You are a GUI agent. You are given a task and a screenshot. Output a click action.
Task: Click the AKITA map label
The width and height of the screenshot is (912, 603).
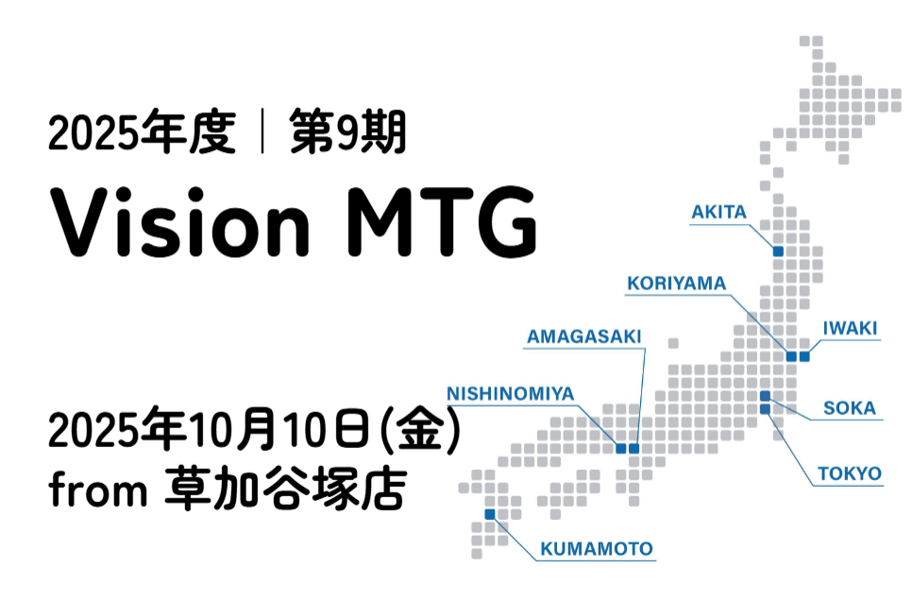[718, 212]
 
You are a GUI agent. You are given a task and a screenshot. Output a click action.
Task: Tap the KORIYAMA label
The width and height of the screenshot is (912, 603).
[676, 284]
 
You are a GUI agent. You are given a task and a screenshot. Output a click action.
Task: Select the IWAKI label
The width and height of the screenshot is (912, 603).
[850, 328]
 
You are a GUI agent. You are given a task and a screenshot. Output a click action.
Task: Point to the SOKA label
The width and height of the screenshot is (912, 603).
[849, 408]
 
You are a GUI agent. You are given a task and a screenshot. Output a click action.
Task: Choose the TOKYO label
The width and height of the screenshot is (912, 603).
[850, 474]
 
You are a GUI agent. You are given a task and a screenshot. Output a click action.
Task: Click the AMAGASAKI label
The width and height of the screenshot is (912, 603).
[584, 336]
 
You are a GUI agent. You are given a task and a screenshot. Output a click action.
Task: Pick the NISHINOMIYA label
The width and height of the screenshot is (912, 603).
[510, 394]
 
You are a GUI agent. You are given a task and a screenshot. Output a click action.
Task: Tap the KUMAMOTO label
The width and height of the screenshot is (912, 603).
[597, 549]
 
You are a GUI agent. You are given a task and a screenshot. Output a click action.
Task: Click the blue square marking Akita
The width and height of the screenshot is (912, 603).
[778, 251]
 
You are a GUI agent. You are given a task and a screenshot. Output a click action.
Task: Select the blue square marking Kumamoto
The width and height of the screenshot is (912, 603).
[490, 514]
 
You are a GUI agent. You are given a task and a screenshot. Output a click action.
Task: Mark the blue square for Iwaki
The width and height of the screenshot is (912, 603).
[804, 356]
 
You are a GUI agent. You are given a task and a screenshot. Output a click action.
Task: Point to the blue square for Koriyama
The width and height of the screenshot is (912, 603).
[791, 356]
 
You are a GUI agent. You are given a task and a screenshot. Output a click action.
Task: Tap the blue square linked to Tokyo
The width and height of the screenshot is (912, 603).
[765, 409]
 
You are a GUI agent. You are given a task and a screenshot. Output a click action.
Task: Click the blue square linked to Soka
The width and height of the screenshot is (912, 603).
[765, 396]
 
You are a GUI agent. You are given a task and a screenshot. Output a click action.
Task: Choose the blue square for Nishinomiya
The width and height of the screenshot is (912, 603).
[620, 448]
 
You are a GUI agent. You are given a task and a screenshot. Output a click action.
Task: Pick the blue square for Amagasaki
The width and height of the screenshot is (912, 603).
[634, 448]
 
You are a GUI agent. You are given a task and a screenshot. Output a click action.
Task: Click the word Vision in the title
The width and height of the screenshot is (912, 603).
[179, 222]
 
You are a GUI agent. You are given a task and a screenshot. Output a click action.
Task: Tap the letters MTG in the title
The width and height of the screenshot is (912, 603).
[442, 222]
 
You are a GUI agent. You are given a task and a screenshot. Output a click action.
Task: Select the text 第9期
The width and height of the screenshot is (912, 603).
[347, 132]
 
